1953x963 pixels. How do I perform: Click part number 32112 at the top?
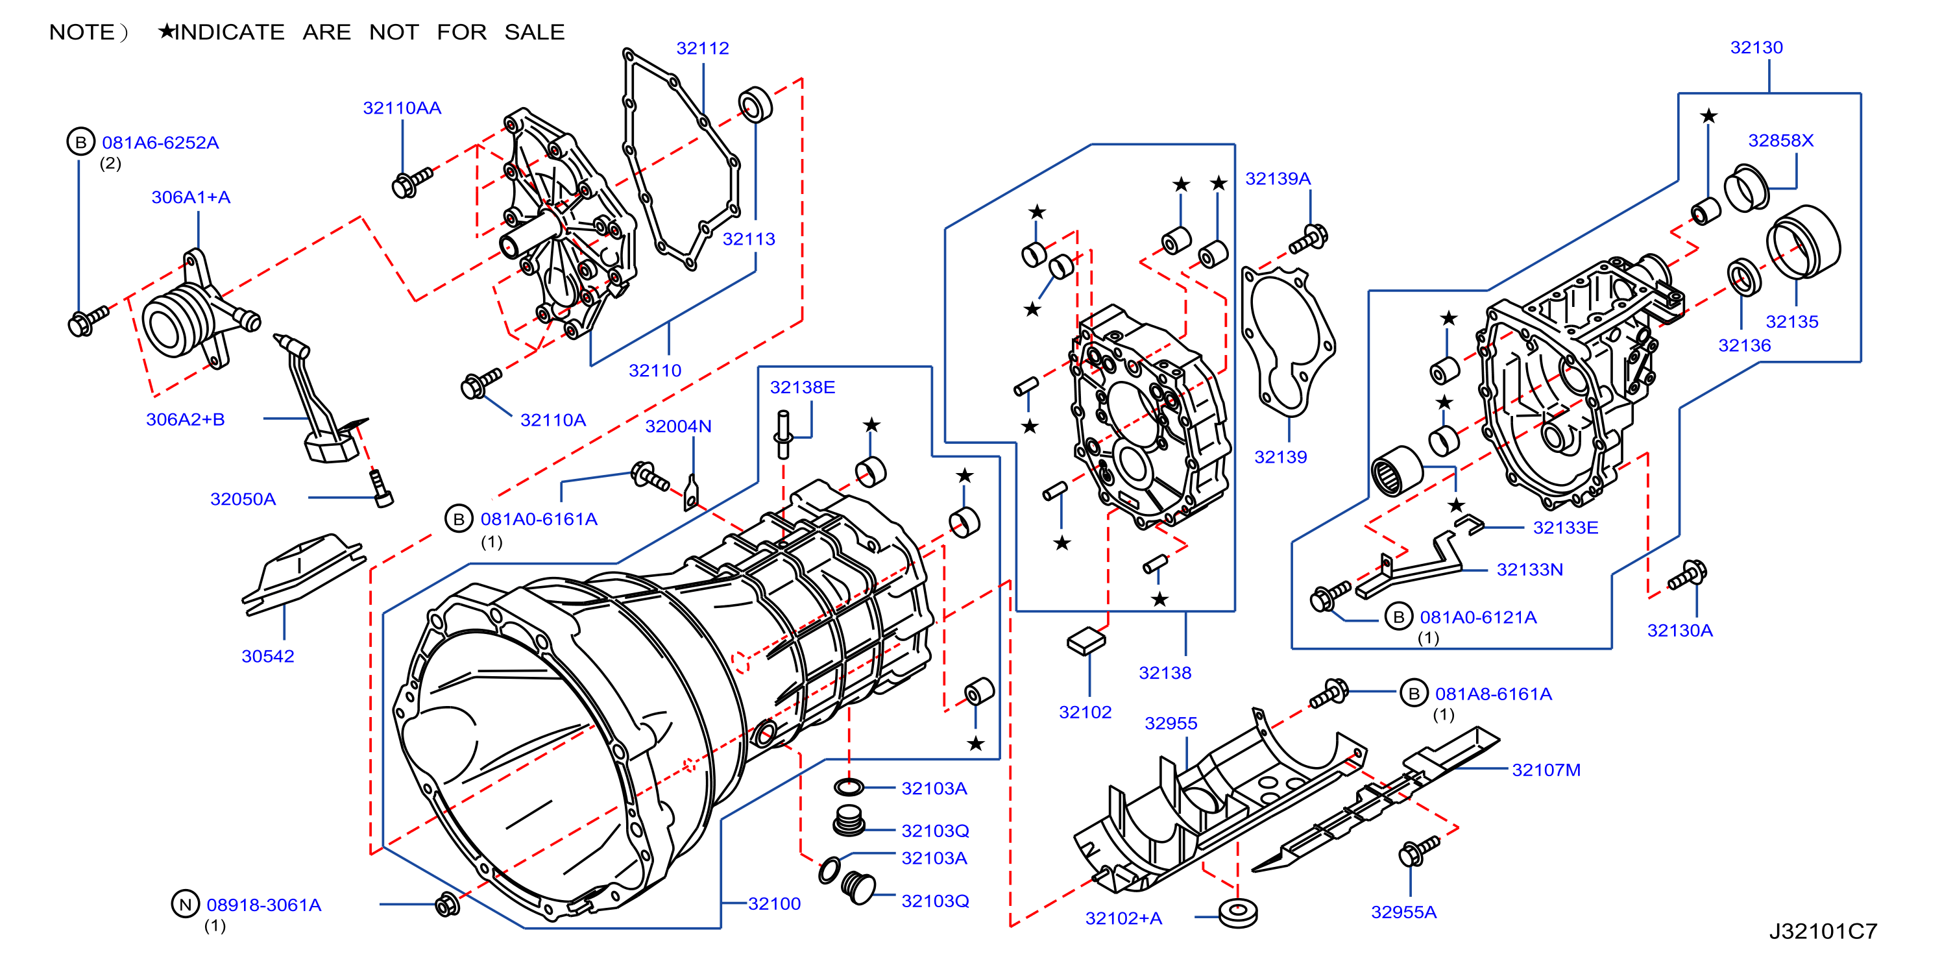[702, 48]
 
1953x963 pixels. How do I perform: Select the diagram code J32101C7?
[1823, 931]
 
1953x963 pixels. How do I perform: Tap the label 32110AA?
[402, 108]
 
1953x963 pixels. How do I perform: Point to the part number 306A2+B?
[185, 419]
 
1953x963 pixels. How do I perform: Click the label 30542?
[267, 656]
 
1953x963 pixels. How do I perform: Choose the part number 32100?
[774, 903]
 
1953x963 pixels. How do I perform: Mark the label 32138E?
[802, 387]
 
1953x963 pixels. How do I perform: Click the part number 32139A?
[1278, 178]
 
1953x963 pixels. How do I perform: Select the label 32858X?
[1780, 140]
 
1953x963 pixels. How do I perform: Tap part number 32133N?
[1529, 570]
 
